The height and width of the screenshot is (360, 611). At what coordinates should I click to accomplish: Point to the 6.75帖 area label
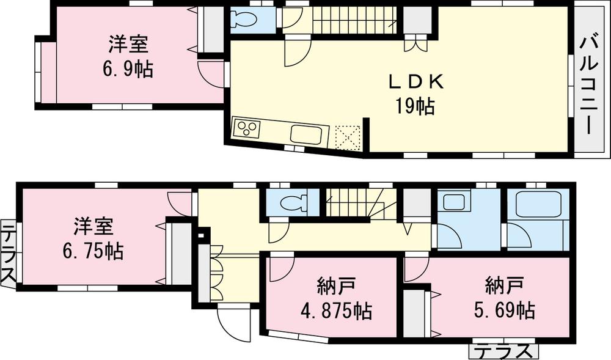(92, 250)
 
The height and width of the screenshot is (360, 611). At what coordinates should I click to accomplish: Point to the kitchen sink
(305, 134)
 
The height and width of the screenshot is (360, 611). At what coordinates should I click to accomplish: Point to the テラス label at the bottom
(505, 351)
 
